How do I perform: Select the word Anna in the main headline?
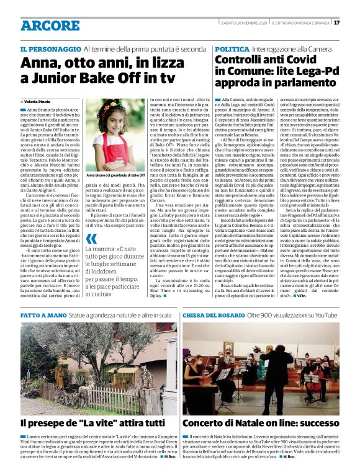click(37, 63)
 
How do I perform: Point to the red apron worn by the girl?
click(112, 152)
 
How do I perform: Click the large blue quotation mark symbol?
click(92, 239)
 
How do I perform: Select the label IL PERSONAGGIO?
click(49, 48)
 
